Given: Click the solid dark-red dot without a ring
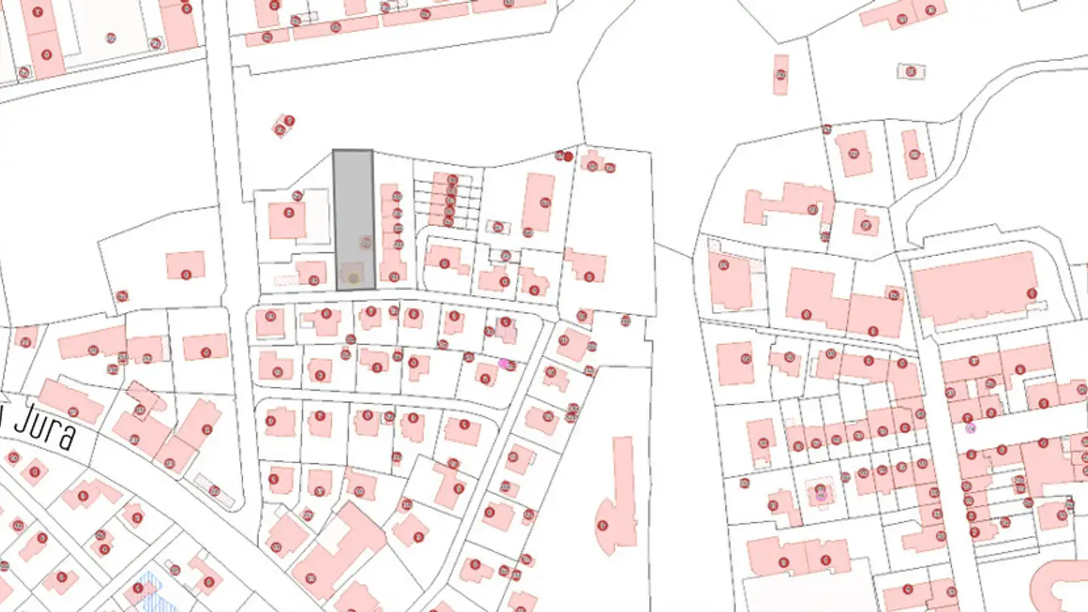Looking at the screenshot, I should pos(568,156).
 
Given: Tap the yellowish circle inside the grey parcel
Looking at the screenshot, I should pos(353,279).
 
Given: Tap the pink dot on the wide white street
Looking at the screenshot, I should pos(971,428).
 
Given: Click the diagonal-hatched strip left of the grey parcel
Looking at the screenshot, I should pos(286,280).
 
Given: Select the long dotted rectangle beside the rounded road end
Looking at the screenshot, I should pos(204,484).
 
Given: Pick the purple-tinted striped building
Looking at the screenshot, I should pos(505,330).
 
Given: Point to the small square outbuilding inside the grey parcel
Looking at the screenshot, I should pos(365,243).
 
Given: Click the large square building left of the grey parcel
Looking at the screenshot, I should pos(287,220).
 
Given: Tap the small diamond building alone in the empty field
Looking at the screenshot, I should pos(283,125).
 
